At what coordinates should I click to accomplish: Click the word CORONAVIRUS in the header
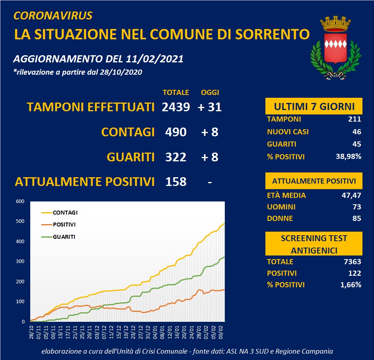coord(53,16)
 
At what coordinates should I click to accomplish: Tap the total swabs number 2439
coord(176,107)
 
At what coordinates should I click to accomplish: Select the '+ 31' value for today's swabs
coord(210,107)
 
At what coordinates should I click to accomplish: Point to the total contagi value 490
coord(176,132)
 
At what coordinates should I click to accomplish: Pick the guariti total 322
coord(176,157)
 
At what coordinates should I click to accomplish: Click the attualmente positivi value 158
coord(176,182)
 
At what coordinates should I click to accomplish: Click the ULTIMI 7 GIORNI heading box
coord(314,106)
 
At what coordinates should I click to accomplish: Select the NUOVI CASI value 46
coord(356,132)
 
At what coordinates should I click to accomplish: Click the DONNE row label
coord(280,218)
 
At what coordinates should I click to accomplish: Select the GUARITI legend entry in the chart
coord(64,237)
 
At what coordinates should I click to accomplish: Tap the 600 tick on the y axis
coord(20,201)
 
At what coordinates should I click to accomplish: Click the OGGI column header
coord(210,93)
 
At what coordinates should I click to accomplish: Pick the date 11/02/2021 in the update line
coord(154,59)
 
